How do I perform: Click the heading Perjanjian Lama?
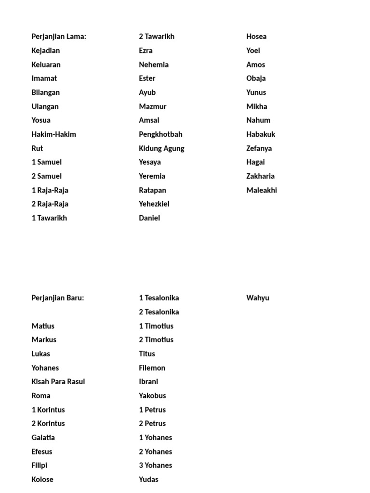click(59, 37)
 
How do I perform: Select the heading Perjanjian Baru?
click(58, 298)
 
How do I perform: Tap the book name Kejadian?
click(46, 51)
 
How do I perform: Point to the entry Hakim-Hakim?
click(54, 134)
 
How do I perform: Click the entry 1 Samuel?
click(47, 162)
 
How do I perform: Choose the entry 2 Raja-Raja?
click(50, 204)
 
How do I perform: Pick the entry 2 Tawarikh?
click(157, 37)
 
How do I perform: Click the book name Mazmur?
click(153, 106)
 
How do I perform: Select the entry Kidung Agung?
click(161, 148)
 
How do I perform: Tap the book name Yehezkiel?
click(154, 204)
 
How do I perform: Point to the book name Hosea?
click(256, 37)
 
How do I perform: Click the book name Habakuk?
click(261, 134)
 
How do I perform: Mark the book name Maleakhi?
click(262, 190)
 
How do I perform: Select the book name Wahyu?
click(258, 298)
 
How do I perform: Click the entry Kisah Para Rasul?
click(58, 382)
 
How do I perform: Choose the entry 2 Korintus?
click(48, 424)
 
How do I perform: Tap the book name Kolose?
click(42, 480)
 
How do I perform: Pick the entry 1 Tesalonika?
click(159, 298)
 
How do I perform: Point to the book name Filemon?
click(152, 368)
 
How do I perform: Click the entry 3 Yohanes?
click(156, 466)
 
